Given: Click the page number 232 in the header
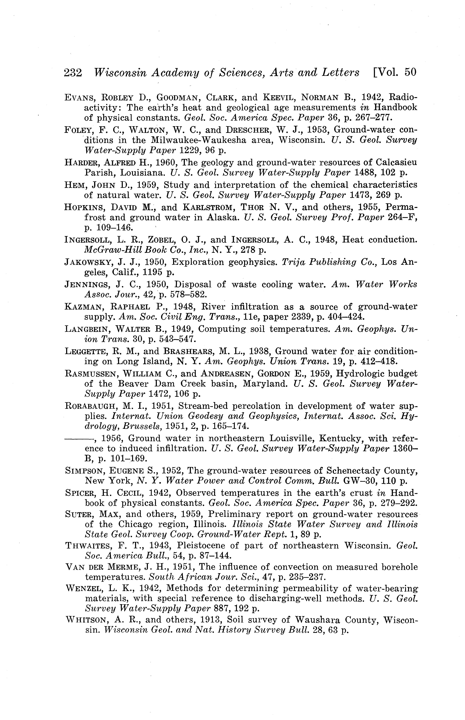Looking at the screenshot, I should tap(73, 73).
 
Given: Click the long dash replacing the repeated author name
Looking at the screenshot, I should tap(79, 438).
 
